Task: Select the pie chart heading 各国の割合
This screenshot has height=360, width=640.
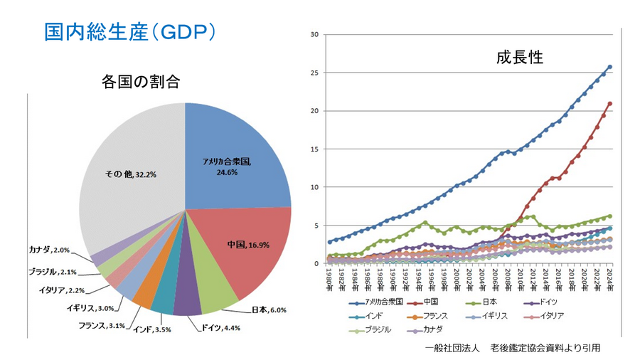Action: point(140,83)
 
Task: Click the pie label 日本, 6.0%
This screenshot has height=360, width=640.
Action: point(269,309)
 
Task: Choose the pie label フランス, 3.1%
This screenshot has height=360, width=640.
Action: point(102,325)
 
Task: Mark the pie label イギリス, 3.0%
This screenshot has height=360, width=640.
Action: point(89,308)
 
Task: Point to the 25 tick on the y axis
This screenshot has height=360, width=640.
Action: point(315,73)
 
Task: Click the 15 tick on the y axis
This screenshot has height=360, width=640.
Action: point(315,149)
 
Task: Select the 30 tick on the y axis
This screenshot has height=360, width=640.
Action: point(315,34)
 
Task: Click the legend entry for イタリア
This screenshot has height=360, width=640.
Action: point(552,316)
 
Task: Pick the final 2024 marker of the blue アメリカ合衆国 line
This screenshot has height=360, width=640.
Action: point(610,67)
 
